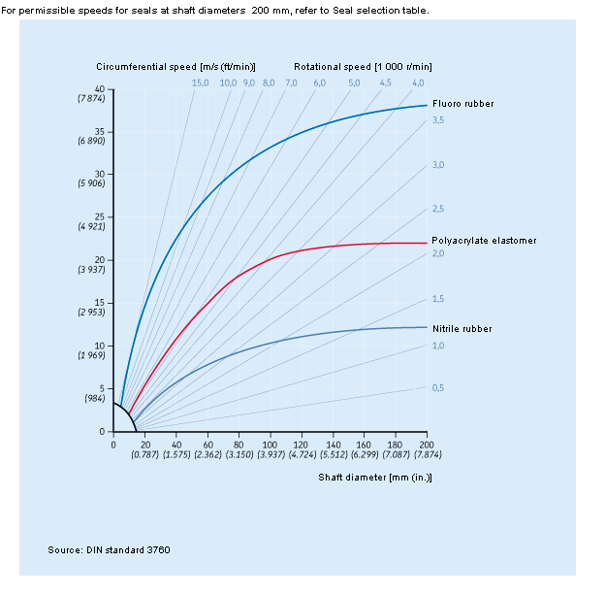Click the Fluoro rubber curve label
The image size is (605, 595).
tap(463, 103)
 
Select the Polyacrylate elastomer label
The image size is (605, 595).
tap(484, 240)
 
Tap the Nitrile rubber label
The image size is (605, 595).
tap(462, 328)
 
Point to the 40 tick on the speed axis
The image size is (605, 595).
tap(100, 89)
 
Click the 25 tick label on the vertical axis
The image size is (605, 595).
tap(100, 216)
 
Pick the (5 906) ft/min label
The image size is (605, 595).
tap(97, 183)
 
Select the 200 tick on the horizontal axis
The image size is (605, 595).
tap(426, 444)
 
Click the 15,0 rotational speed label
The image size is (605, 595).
tap(200, 83)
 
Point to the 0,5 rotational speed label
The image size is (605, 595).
tap(437, 387)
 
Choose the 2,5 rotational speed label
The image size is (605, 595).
tap(437, 209)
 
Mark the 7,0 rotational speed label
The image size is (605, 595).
tap(291, 83)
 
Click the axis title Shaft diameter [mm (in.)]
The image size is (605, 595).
tap(375, 477)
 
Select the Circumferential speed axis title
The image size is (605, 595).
tap(175, 66)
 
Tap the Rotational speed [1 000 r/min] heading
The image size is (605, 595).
tap(363, 66)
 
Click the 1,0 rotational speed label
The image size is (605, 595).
tap(437, 345)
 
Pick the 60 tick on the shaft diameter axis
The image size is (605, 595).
tap(207, 444)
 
